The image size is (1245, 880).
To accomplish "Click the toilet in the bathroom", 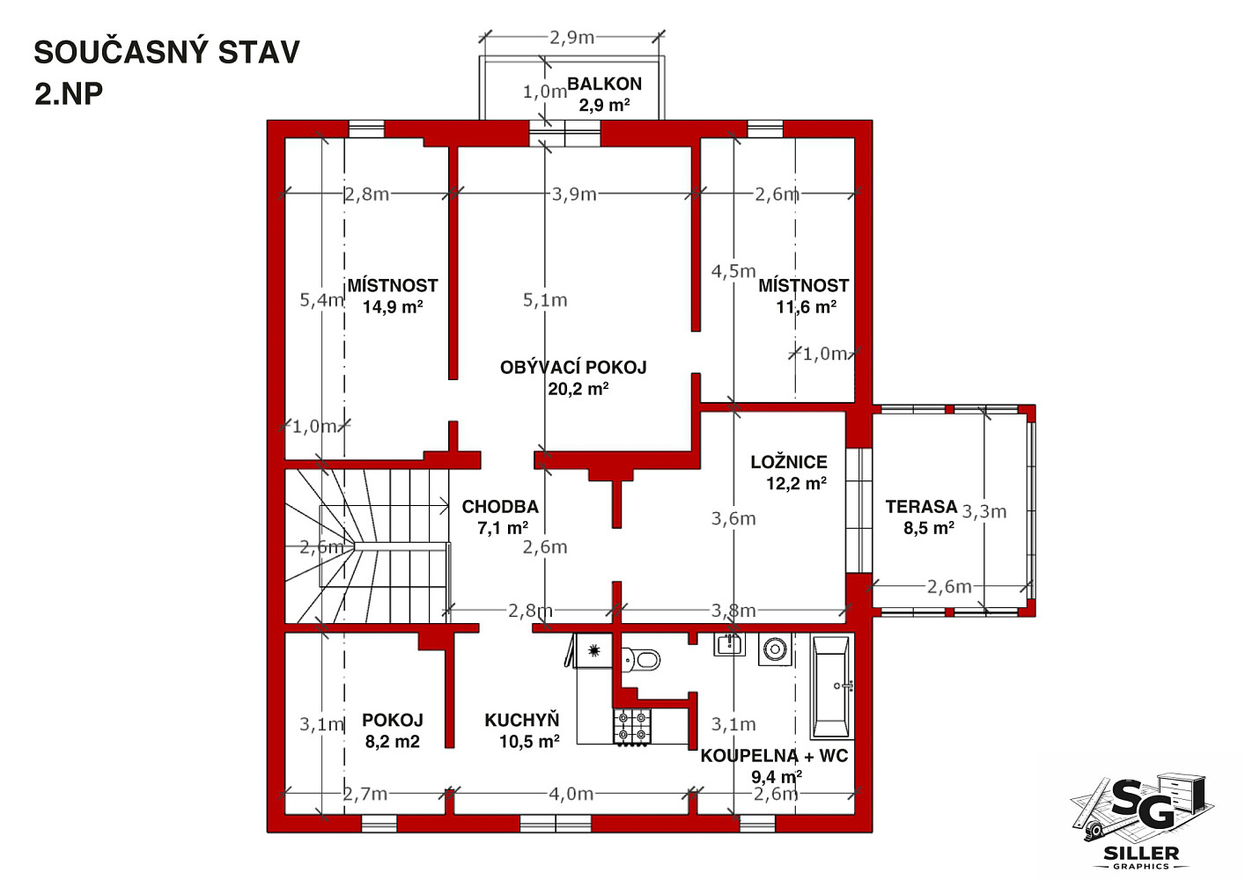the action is tap(641, 660).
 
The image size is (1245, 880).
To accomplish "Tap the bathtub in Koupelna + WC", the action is tap(831, 687).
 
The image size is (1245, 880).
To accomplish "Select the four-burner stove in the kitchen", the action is tap(632, 726).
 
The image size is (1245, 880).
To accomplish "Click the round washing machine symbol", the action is tap(774, 649).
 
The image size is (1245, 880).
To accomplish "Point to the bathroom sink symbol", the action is tap(729, 644).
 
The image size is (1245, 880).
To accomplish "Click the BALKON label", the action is tap(604, 84).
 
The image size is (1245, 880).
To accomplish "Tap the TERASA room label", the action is tap(921, 507).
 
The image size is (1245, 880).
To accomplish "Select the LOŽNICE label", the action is tap(789, 462).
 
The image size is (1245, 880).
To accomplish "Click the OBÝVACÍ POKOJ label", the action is tap(573, 367).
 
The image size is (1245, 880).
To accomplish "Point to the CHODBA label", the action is tap(500, 507).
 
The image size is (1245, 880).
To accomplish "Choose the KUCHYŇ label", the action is tap(522, 720).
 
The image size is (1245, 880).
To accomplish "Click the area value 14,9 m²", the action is tap(393, 306).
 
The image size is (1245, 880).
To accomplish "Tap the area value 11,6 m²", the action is tap(806, 306).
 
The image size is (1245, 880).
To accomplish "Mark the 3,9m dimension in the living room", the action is tap(573, 194).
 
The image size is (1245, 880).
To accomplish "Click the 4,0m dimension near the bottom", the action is tap(571, 795).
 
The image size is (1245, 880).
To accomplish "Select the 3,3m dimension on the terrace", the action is tap(983, 511).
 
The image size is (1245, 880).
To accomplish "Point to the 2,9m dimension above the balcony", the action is tap(572, 38).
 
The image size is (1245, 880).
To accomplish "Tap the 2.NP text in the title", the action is tap(69, 94).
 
